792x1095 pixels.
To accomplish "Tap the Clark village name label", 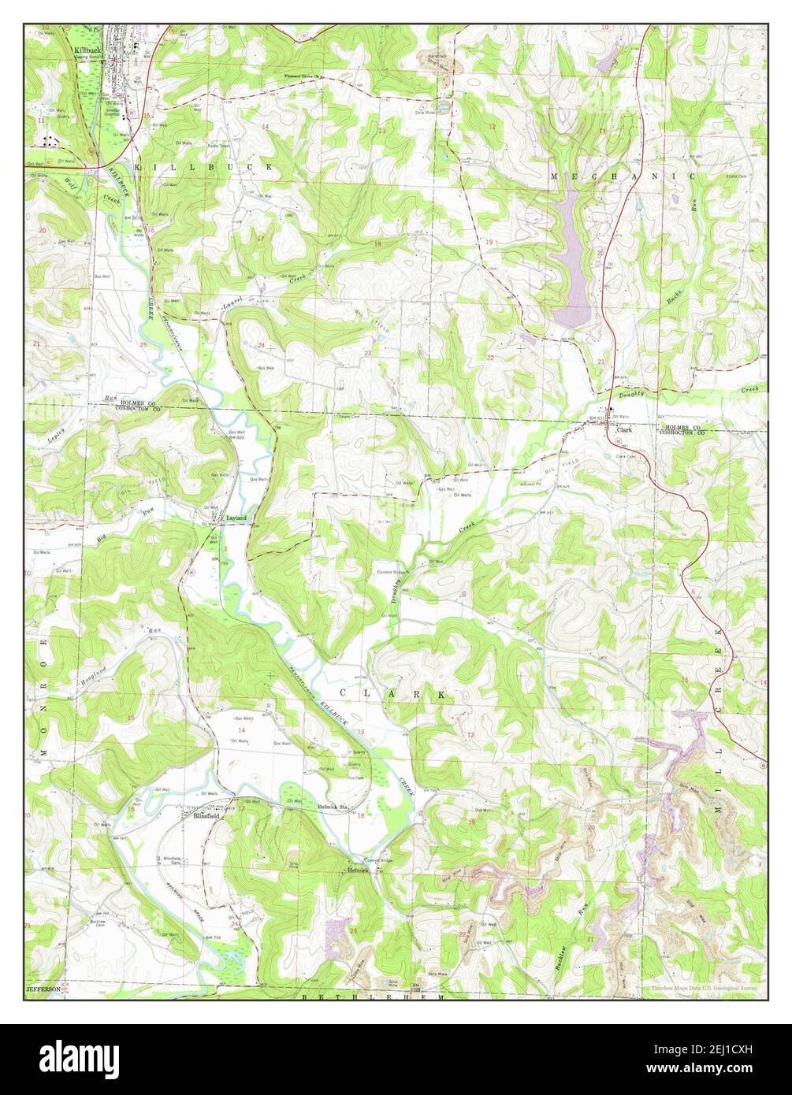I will (x=625, y=431).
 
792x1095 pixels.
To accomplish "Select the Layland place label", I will (x=236, y=518).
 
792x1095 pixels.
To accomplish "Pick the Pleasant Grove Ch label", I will (x=304, y=76).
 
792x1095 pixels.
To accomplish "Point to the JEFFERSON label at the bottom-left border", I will (x=43, y=989).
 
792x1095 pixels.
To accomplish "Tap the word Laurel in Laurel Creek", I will (x=232, y=303).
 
